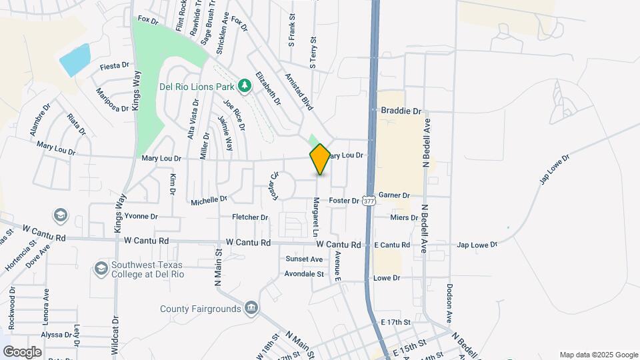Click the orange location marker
click(320, 159)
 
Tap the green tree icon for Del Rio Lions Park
click(245, 85)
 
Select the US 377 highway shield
click(369, 199)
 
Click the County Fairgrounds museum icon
click(251, 307)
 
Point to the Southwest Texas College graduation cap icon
click(101, 268)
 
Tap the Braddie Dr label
click(401, 111)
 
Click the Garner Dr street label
click(393, 195)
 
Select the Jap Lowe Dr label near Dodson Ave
click(477, 245)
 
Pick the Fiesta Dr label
click(114, 67)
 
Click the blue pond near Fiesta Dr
click(75, 60)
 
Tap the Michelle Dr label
click(209, 199)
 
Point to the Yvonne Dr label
click(141, 216)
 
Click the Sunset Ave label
click(304, 259)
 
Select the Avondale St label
click(304, 273)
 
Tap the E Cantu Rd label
click(391, 245)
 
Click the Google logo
click(22, 351)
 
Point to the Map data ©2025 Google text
click(598, 355)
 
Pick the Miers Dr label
click(405, 217)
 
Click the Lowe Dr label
click(387, 277)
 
